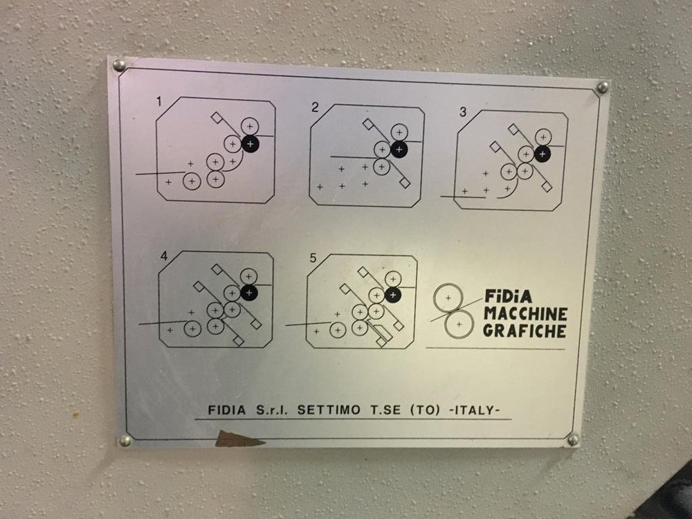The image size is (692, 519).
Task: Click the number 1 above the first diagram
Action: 159,102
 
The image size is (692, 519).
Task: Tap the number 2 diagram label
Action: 315,107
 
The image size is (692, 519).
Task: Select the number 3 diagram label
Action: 462,112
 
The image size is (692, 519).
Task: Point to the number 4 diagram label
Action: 164,256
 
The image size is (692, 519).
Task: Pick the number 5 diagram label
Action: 313,257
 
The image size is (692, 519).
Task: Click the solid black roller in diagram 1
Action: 251,143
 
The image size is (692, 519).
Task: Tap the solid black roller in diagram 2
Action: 399,149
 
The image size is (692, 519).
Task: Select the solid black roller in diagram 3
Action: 543,154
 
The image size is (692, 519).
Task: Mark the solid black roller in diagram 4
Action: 249,293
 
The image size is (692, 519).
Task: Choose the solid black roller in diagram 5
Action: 393,295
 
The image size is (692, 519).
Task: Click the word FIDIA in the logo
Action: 509,296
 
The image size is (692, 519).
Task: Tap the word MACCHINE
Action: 525,313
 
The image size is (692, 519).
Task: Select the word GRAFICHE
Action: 525,331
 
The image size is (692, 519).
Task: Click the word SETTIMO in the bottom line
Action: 329,410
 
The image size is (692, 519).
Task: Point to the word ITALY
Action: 474,410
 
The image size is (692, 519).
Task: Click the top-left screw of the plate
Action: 119,66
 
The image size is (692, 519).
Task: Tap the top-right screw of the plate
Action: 603,87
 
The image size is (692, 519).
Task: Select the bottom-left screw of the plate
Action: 125,440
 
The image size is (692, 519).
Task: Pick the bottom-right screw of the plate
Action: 573,439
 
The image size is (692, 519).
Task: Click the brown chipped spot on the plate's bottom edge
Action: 236,439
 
